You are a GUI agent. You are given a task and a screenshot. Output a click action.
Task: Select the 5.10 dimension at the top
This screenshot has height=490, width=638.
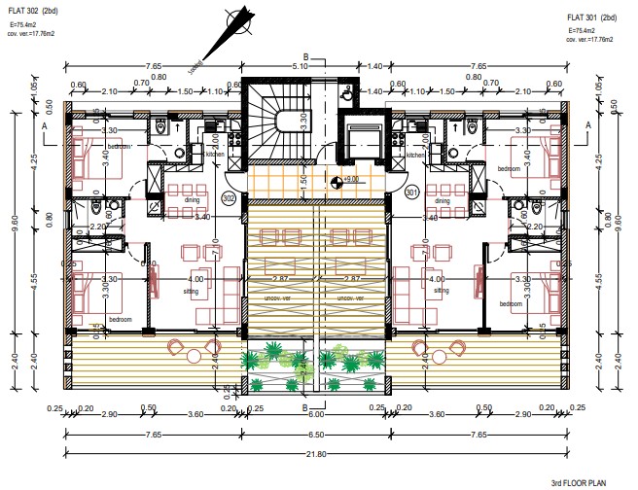click(x=301, y=66)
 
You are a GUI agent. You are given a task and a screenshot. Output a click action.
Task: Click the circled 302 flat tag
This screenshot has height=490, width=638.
click(x=230, y=198)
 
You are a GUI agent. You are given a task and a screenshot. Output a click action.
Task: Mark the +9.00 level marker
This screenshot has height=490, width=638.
click(x=337, y=180)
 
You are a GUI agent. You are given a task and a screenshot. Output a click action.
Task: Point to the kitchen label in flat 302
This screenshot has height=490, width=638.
click(x=216, y=155)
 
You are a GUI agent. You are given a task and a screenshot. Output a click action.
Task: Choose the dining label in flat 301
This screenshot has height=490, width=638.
click(x=442, y=202)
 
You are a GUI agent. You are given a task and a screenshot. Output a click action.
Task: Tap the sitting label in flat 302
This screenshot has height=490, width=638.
click(x=195, y=290)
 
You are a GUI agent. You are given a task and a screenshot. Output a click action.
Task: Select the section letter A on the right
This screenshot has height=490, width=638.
click(x=589, y=126)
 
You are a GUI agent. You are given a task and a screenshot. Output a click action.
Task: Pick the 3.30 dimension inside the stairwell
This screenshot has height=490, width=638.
click(x=304, y=122)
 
